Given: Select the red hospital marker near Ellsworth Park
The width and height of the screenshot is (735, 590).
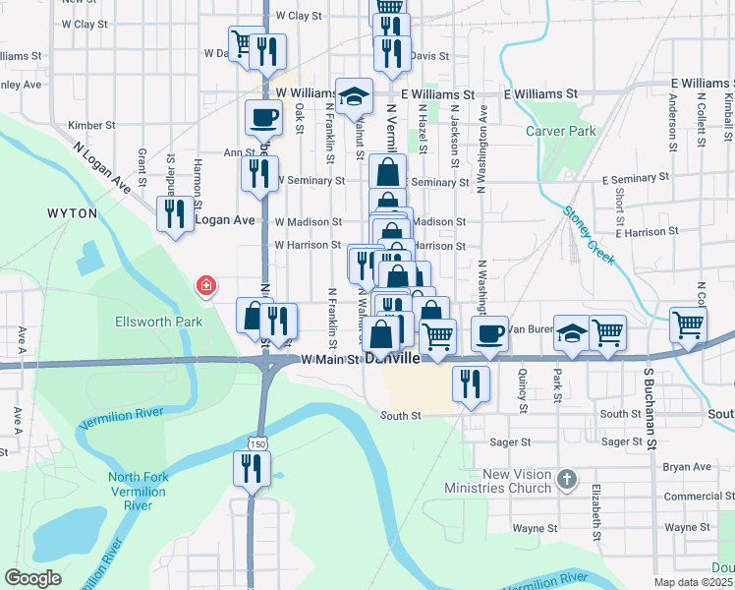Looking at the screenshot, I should (206, 286).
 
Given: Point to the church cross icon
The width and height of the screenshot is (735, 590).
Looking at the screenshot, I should (565, 480).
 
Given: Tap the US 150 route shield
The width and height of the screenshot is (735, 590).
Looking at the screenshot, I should (256, 445).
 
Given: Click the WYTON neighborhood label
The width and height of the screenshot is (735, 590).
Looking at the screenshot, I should (72, 212).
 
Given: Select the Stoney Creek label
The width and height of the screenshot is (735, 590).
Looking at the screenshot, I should (589, 235).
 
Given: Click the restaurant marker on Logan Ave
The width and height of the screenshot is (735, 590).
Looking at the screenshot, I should (175, 214).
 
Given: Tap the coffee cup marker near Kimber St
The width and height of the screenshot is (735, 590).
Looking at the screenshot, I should (263, 118).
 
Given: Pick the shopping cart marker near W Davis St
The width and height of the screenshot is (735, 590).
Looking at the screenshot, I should (245, 43).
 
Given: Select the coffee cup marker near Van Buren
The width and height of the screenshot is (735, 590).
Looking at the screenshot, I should (489, 333).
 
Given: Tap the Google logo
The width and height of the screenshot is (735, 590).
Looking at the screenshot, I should (33, 578).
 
